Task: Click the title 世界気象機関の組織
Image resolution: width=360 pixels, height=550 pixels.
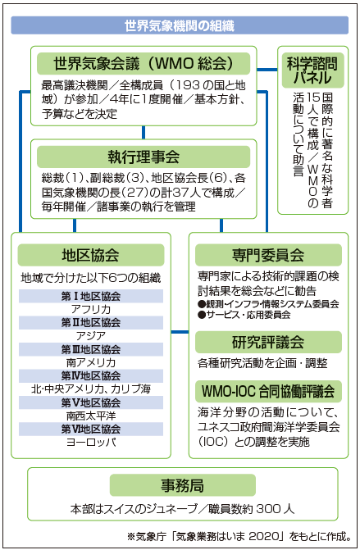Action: coord(180,26)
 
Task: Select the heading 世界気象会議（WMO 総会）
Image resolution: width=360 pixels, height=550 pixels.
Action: coord(144,63)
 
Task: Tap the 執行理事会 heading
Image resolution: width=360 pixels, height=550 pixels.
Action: coord(144,157)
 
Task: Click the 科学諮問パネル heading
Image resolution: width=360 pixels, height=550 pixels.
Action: coord(312,70)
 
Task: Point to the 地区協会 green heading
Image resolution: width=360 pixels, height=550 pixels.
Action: coord(90,255)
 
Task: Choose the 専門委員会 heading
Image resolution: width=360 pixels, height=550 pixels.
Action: coord(268,255)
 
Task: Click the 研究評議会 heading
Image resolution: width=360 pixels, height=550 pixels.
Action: coord(268,342)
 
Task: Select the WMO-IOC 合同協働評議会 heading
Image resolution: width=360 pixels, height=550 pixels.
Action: coord(268,391)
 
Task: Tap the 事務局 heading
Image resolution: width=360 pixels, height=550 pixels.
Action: coord(182,485)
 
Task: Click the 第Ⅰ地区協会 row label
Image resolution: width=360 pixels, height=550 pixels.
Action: coord(91,297)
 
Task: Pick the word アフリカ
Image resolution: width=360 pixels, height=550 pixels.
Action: coord(91,309)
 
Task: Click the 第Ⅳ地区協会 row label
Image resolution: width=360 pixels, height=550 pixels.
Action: coord(91,376)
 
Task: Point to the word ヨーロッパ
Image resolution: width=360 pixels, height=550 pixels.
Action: coord(91,442)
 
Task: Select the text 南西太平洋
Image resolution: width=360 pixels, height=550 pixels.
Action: coord(91,416)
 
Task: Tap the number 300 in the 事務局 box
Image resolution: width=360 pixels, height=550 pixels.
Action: coord(269,509)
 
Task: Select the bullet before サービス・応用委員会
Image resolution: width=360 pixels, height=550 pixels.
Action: coord(202,315)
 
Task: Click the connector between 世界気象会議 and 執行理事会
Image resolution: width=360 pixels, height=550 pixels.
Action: coord(144,133)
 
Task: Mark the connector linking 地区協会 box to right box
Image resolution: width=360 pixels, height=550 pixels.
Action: coord(180,332)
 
